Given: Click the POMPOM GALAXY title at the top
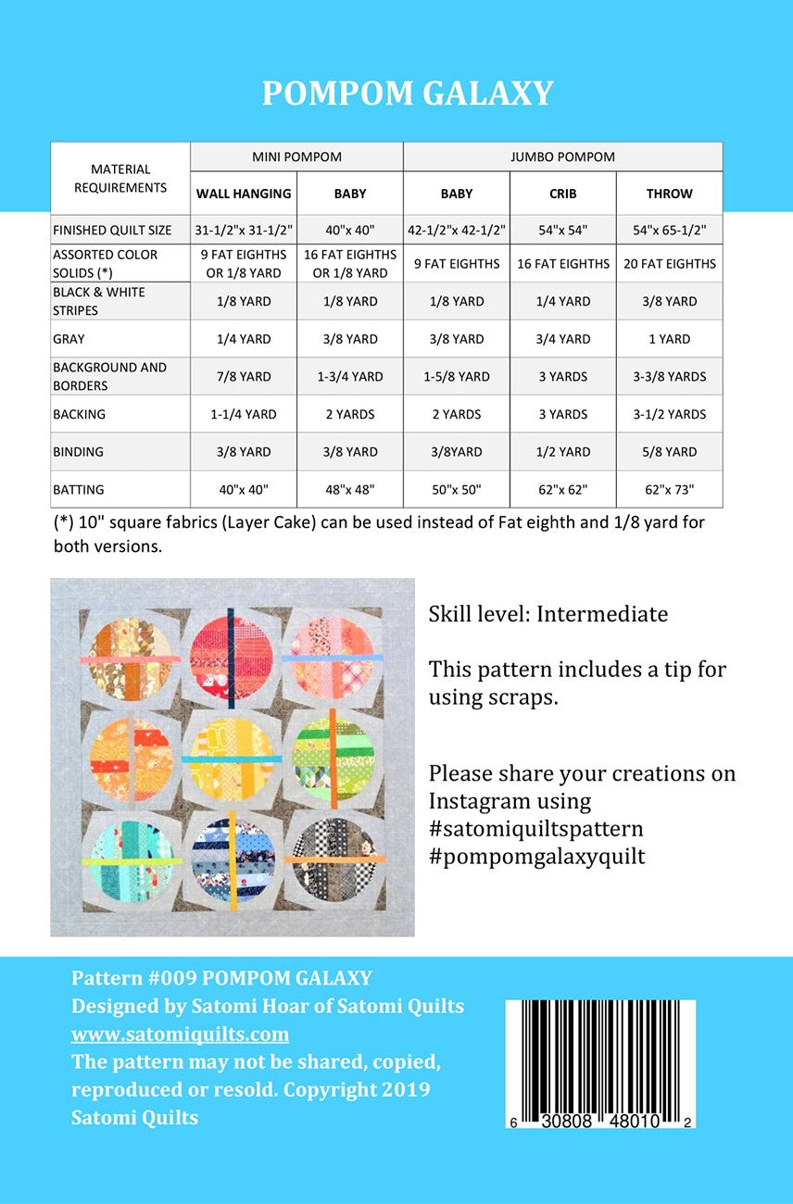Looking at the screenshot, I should coord(408,94).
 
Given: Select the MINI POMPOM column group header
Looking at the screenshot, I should coord(296,157).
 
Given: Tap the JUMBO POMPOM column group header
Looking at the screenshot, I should coord(562,157).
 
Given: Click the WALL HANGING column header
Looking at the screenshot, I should coord(244,194).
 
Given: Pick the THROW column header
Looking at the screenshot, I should coord(669,194).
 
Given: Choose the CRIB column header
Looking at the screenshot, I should coord(562,194).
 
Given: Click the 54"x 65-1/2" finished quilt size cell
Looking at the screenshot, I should coord(669,230).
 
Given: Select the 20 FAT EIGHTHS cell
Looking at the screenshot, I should coord(669,264).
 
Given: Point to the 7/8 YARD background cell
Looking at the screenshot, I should coord(244,377).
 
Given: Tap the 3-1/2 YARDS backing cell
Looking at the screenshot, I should coord(669,414).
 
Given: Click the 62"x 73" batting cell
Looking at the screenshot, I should coord(669,489).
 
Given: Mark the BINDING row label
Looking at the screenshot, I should coord(79,452).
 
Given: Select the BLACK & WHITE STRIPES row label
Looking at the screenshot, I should coord(99,301).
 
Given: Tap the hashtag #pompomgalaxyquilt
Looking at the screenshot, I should coord(536,857).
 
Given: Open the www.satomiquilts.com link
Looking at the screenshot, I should coord(180,1034).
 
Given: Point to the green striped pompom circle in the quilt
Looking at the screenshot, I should coord(333,756).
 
